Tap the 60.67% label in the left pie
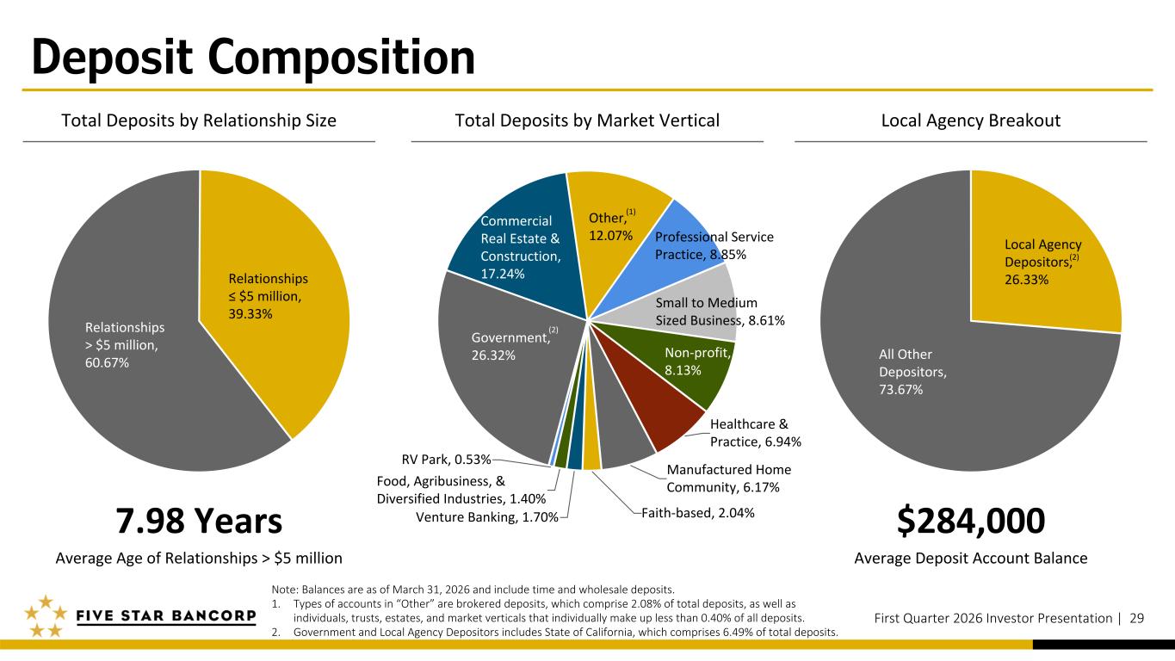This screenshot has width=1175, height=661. pyautogui.click(x=108, y=362)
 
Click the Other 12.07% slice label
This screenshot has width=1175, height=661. pyautogui.click(x=611, y=225)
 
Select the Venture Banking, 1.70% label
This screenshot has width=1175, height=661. pyautogui.click(x=486, y=516)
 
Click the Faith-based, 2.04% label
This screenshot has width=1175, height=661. pyautogui.click(x=698, y=513)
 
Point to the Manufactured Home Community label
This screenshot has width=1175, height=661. pyautogui.click(x=728, y=479)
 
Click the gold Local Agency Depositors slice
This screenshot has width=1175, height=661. pyautogui.click(x=1042, y=258)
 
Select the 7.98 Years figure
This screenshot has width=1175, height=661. pyautogui.click(x=199, y=521)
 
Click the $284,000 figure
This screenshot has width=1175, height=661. pyautogui.click(x=971, y=521)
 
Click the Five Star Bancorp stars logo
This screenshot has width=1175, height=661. pyautogui.click(x=44, y=616)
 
